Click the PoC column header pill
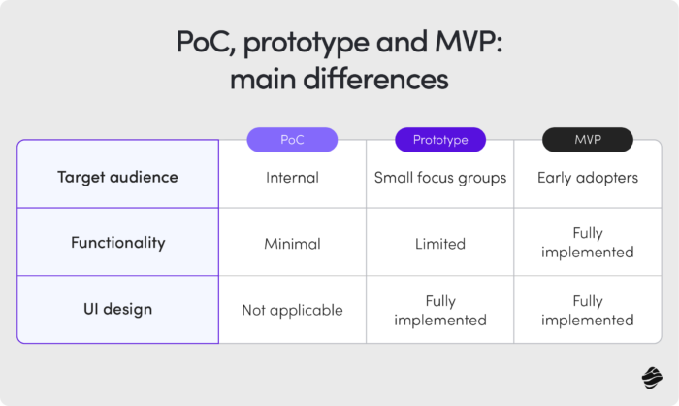pyautogui.click(x=292, y=140)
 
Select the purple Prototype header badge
pyautogui.click(x=440, y=140)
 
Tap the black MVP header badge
pyautogui.click(x=587, y=140)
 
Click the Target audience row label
pyautogui.click(x=117, y=178)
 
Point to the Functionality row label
pyautogui.click(x=117, y=243)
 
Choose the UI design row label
pyautogui.click(x=117, y=310)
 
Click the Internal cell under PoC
pyautogui.click(x=292, y=178)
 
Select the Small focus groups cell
pyautogui.click(x=440, y=178)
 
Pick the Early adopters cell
pyautogui.click(x=587, y=178)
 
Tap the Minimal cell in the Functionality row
pyautogui.click(x=292, y=243)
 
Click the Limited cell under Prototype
pyautogui.click(x=440, y=243)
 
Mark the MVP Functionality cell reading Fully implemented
pyautogui.click(x=587, y=243)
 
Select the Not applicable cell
pyautogui.click(x=292, y=310)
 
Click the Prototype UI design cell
pyautogui.click(x=440, y=310)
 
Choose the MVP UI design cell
pyautogui.click(x=587, y=310)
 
